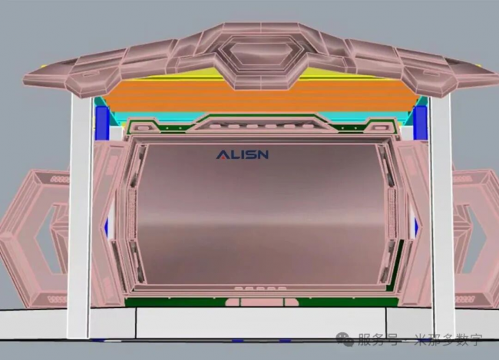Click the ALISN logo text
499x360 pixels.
point(242,155)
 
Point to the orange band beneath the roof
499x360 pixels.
point(261,95)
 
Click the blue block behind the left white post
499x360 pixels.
point(102,123)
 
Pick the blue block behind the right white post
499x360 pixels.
point(420,123)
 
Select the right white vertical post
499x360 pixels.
point(441,216)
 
